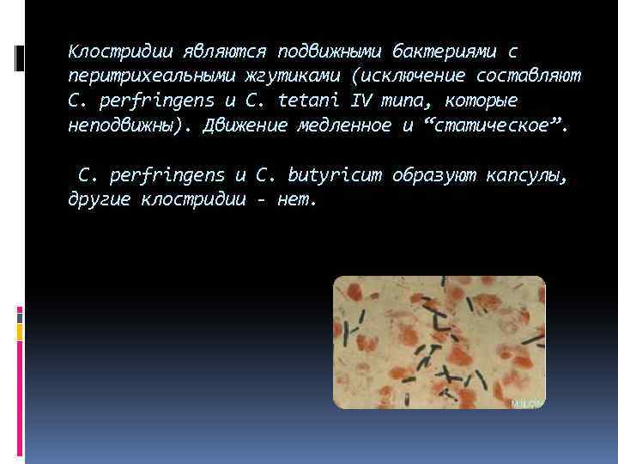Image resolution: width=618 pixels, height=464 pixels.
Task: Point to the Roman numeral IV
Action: (362, 101)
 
